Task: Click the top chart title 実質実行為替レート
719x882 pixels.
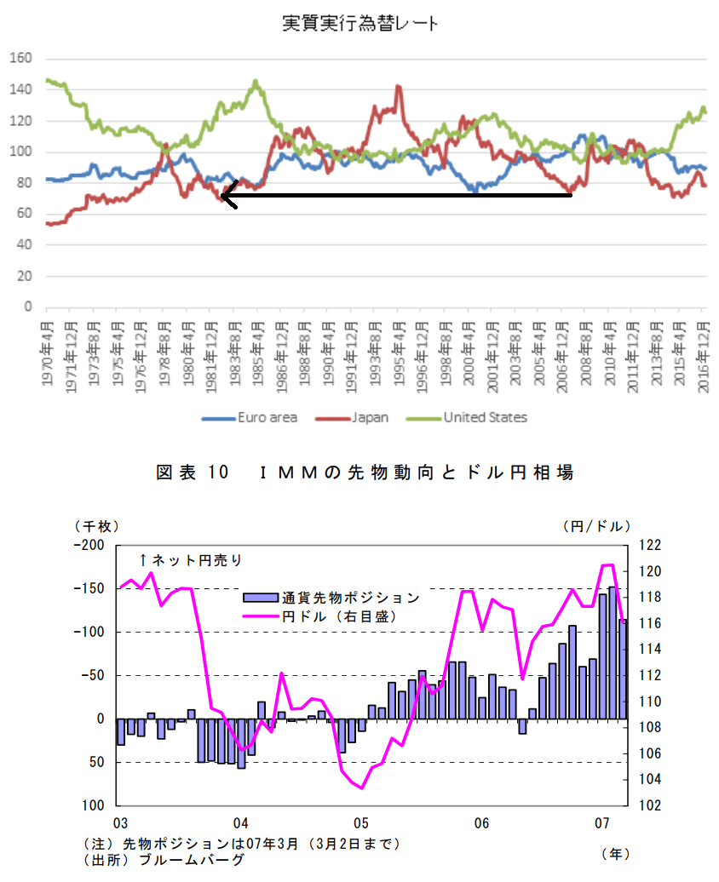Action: coord(360,24)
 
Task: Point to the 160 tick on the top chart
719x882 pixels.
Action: coord(20,59)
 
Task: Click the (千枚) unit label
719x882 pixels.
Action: coord(96,525)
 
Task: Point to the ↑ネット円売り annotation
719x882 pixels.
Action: coord(192,559)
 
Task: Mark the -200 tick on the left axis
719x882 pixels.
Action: coord(89,545)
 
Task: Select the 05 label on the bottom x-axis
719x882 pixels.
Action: coord(361,823)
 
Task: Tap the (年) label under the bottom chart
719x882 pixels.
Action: coord(615,852)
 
